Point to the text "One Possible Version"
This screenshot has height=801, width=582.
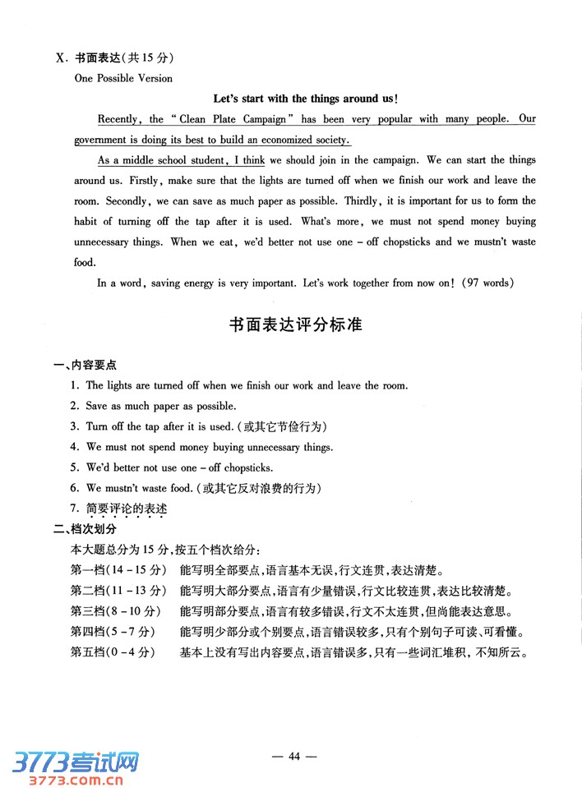(123, 79)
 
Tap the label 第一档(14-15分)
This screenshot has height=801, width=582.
(119, 571)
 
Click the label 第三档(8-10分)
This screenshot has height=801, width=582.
(119, 611)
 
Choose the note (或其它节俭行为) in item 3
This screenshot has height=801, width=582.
(282, 426)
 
